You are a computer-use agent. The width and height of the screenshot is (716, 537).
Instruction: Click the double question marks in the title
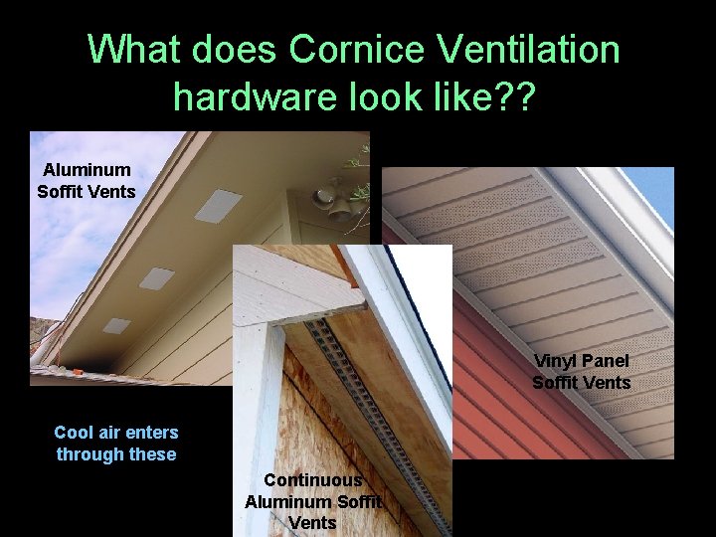518,95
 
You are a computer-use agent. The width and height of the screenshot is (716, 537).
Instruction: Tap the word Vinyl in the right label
555,361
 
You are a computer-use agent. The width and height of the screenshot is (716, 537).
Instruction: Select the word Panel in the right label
605,361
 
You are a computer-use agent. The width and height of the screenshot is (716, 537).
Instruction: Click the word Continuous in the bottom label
312,480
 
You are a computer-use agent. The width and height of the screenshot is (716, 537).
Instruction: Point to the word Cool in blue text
75,433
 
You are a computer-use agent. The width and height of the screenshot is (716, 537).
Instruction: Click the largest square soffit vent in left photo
218,205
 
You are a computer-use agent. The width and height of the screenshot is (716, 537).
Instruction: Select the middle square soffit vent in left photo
156,278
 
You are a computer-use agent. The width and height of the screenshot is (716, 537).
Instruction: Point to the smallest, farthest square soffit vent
116,325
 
